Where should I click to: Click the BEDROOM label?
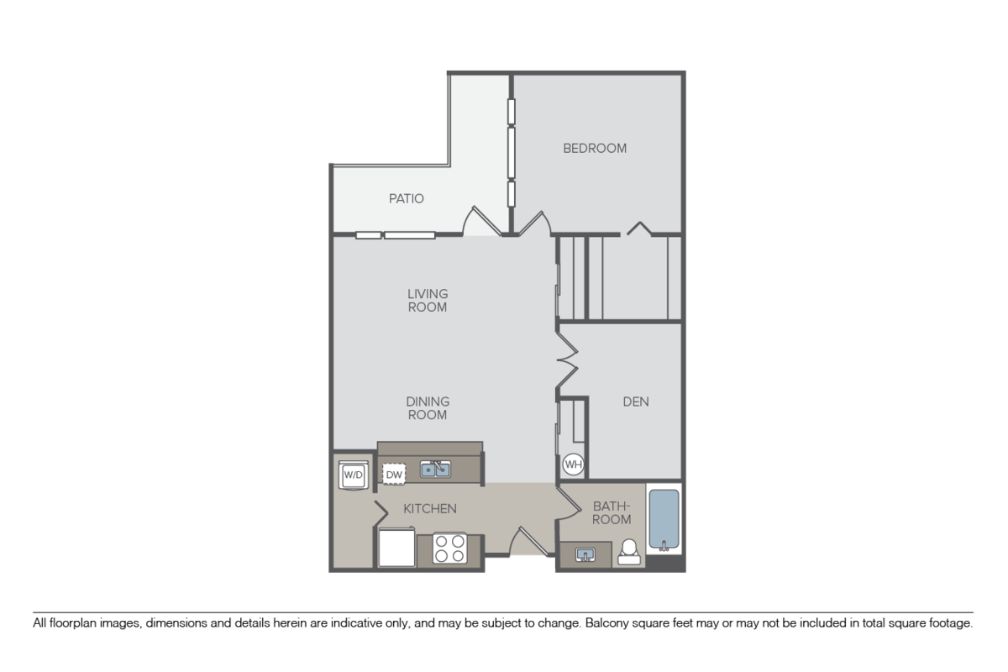pyautogui.click(x=595, y=149)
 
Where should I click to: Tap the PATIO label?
pyautogui.click(x=406, y=199)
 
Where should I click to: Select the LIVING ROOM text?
pyautogui.click(x=428, y=301)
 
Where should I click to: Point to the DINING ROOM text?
pyautogui.click(x=428, y=408)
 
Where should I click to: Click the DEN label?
pyautogui.click(x=635, y=402)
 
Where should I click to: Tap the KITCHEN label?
pyautogui.click(x=430, y=509)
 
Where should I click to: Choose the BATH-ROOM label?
pyautogui.click(x=612, y=512)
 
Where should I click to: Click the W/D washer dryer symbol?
pyautogui.click(x=353, y=475)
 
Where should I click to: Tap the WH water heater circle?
pyautogui.click(x=573, y=465)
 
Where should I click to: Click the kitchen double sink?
pyautogui.click(x=436, y=469)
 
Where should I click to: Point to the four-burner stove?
pyautogui.click(x=449, y=549)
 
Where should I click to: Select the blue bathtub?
pyautogui.click(x=664, y=519)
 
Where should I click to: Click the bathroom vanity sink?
pyautogui.click(x=585, y=554)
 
